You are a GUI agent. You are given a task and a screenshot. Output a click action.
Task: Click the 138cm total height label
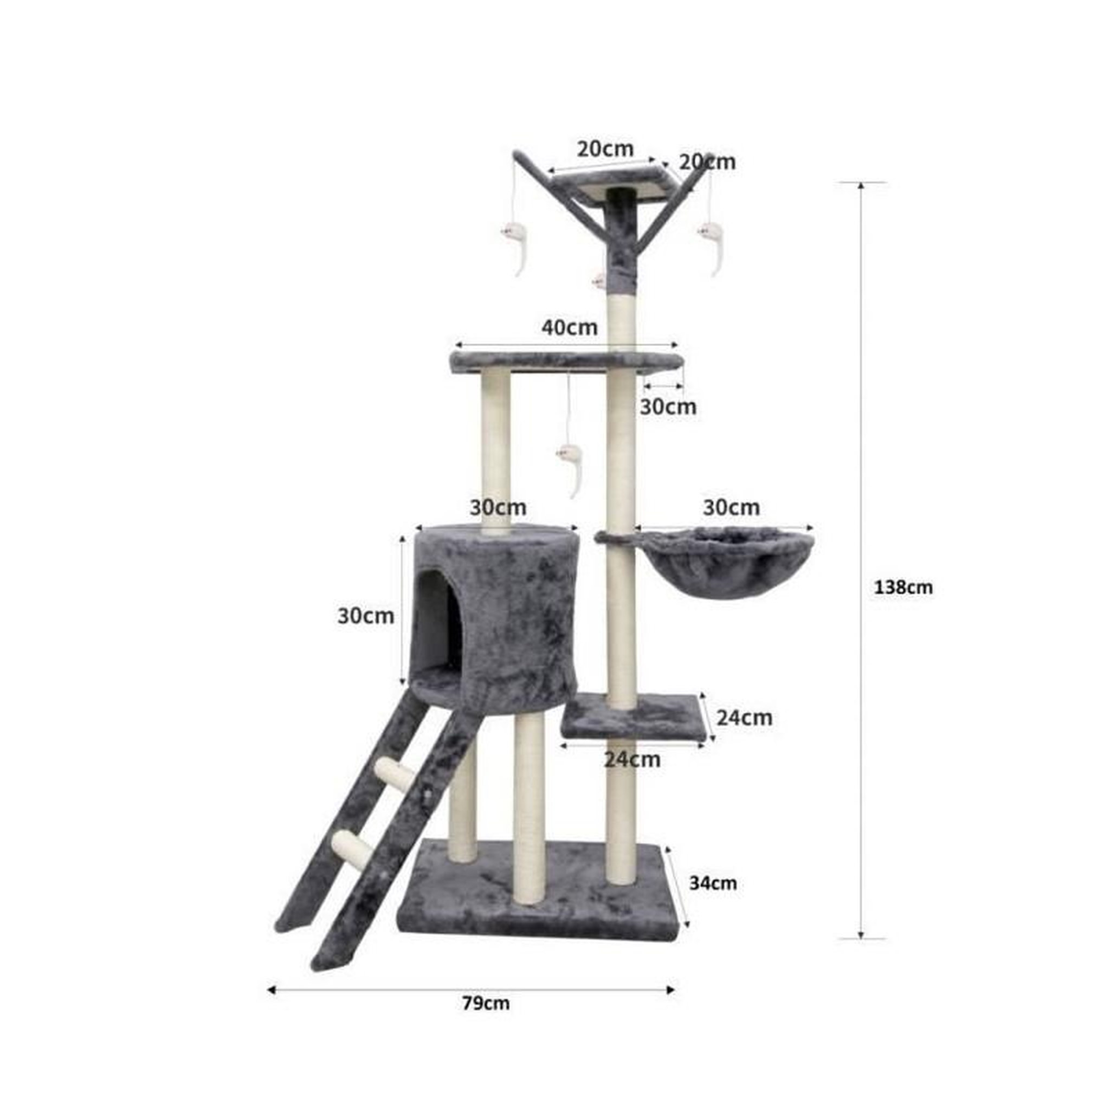pos(903,588)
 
